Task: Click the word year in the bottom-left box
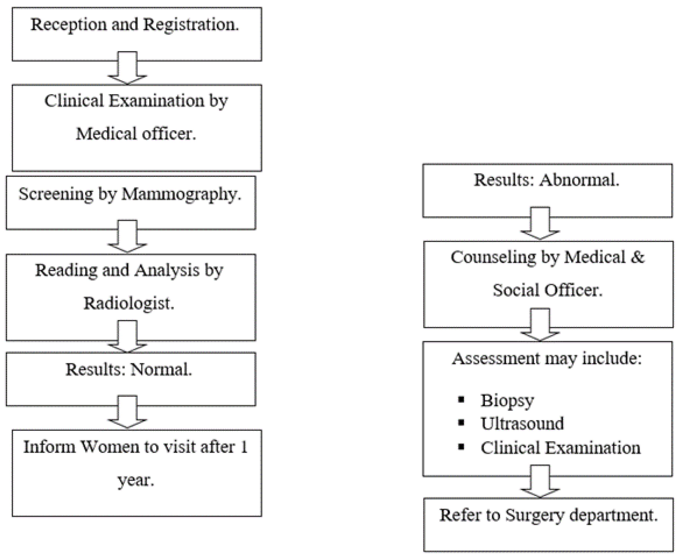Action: (x=135, y=480)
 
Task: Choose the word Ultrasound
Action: (x=522, y=423)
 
